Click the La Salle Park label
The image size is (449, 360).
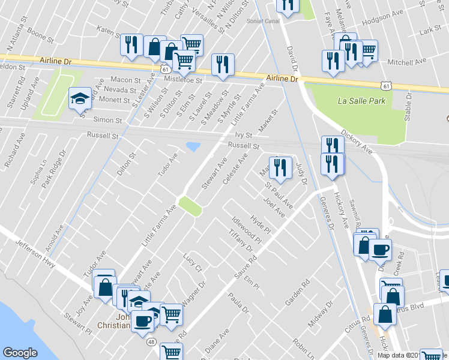click(x=361, y=101)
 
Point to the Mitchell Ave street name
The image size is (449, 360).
click(x=406, y=61)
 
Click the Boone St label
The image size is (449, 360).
click(x=41, y=37)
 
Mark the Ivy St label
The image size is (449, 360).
click(x=243, y=136)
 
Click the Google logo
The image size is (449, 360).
click(x=20, y=353)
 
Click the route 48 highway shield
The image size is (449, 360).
click(x=152, y=341)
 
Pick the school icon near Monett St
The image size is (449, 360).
click(x=79, y=98)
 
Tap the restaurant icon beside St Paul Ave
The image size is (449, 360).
click(x=280, y=167)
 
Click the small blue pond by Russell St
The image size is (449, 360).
click(x=193, y=146)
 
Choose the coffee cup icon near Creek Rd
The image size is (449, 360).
click(x=380, y=248)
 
